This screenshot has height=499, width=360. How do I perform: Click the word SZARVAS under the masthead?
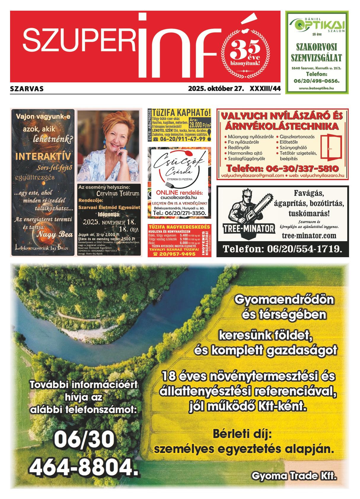pos(27,89)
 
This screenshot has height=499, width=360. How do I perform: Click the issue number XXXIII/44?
pos(265,89)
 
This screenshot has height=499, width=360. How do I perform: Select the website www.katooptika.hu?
pos(317,88)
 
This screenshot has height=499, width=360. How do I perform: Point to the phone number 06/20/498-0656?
pos(316,81)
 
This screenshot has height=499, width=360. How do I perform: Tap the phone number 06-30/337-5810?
pos(283,169)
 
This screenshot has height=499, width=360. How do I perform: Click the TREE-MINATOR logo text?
pos(249,229)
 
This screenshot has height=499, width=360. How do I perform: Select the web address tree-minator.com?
pos(309,236)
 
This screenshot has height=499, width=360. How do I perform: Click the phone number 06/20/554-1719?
pos(282,249)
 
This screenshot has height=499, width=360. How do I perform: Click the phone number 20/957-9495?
pos(178,254)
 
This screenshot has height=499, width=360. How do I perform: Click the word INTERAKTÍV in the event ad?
pos(43,156)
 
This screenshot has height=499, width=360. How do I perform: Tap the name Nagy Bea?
pos(55,234)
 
